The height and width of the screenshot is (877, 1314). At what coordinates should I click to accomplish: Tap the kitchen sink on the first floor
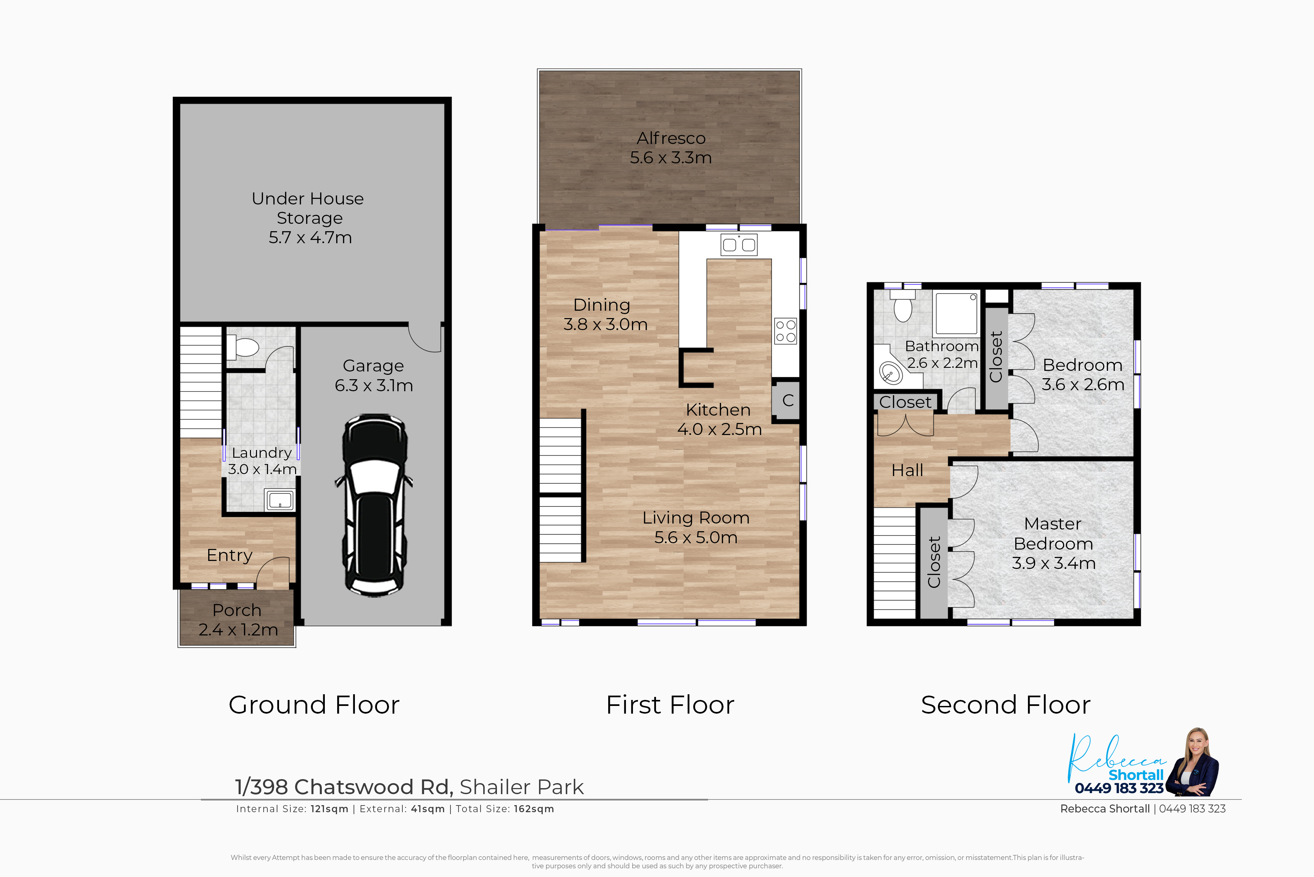739,245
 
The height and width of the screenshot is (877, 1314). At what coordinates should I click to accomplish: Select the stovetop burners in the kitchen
785,330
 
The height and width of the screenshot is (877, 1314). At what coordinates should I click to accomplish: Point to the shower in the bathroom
956,313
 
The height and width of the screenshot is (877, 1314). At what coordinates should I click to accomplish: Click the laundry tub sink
280,500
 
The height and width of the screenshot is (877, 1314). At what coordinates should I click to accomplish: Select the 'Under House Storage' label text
308,208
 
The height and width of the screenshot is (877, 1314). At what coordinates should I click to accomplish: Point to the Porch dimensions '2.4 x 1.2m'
238,630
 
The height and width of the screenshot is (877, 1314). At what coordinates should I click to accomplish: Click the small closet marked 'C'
788,401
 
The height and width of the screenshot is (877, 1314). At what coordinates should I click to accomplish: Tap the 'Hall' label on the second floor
907,470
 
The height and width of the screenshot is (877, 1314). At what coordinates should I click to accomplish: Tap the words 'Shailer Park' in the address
521,787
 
